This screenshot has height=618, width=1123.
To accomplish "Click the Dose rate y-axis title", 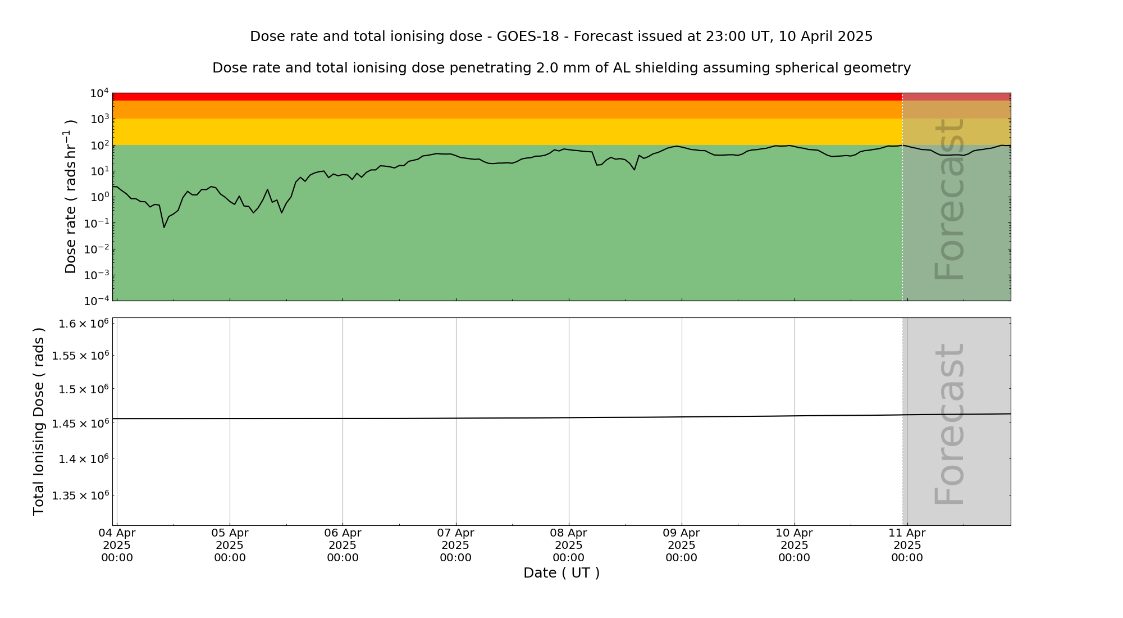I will [71, 197].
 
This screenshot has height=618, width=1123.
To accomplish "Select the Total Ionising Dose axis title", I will [38, 421].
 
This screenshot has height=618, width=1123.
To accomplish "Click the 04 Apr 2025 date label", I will [117, 545].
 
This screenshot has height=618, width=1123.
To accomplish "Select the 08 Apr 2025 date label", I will [569, 545].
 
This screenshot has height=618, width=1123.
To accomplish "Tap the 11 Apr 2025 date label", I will [907, 545].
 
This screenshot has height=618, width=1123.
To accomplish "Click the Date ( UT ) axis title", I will [561, 573].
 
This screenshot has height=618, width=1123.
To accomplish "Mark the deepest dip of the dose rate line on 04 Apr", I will [164, 227].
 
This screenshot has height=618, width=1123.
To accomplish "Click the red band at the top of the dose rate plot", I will [505, 97].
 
